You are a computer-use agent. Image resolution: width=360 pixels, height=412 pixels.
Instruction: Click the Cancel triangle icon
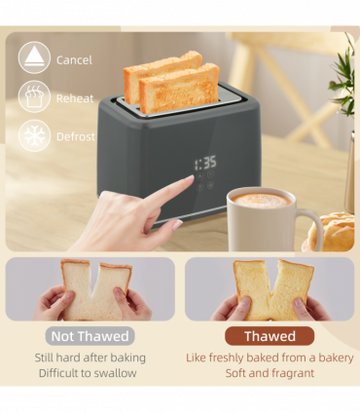(x=34, y=57)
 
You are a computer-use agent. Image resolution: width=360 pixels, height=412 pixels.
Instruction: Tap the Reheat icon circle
(x=34, y=96)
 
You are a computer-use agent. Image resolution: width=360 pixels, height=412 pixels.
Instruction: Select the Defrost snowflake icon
(x=34, y=135)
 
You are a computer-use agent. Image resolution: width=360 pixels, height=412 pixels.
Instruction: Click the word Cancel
(x=74, y=59)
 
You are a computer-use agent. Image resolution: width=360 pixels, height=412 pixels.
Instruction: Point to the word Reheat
(x=75, y=98)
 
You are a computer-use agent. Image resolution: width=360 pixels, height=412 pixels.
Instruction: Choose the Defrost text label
(x=75, y=137)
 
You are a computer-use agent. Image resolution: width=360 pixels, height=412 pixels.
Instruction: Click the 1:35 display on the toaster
(x=204, y=164)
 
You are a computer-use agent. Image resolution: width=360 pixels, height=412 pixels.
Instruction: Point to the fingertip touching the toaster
(x=191, y=181)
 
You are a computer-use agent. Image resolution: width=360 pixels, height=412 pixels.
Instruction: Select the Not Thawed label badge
(x=90, y=336)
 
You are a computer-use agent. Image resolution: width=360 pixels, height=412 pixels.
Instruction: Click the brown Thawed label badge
(x=270, y=336)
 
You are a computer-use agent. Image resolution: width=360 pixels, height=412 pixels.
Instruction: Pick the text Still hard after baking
(x=90, y=357)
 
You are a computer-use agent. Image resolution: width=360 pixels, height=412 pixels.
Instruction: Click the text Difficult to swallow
(x=90, y=373)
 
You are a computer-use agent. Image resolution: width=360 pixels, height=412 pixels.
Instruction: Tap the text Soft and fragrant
(x=270, y=373)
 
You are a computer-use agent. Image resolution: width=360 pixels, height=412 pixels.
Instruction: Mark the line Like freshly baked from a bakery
(x=270, y=357)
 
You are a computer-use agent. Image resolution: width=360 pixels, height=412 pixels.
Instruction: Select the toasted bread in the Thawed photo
(x=270, y=287)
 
